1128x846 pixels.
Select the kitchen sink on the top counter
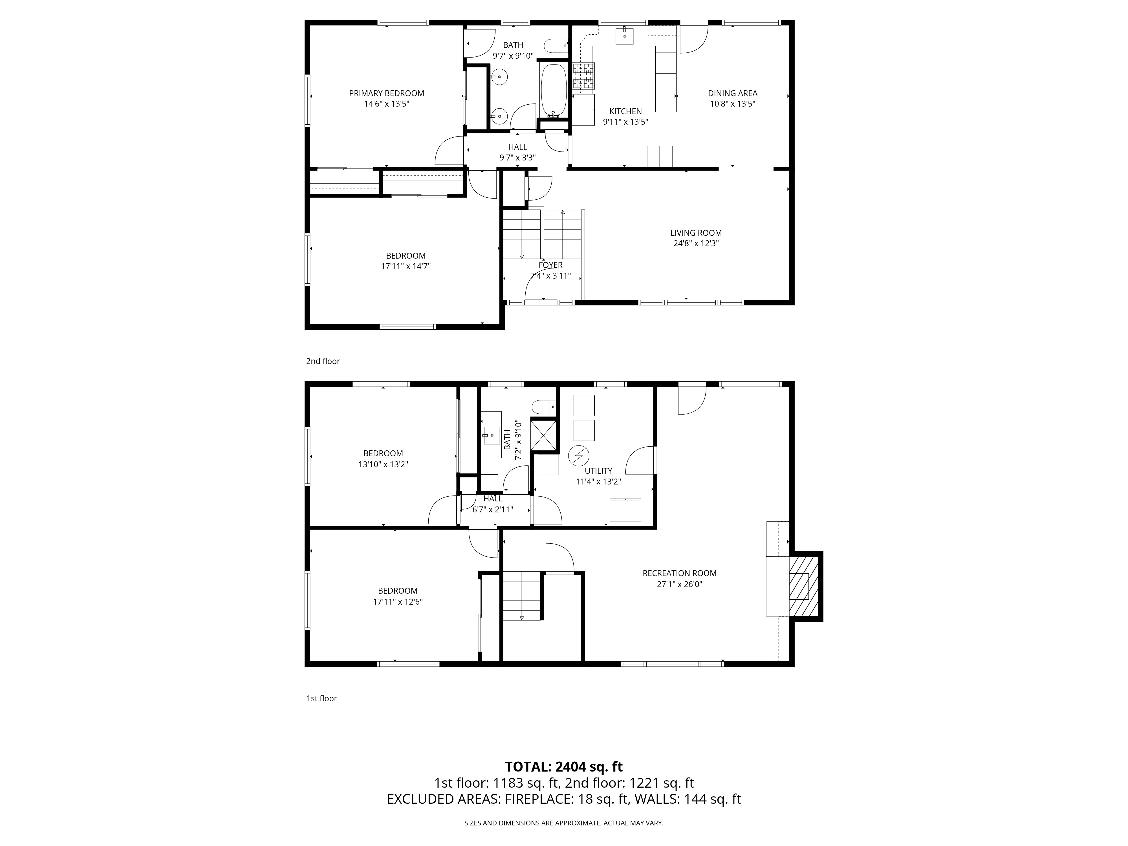point(624,36)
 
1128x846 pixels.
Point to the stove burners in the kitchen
point(583,76)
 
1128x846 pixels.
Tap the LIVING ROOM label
point(696,233)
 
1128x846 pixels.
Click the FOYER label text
point(550,265)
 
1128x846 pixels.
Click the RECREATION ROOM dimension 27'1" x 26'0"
point(679,584)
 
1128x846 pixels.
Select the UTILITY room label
point(598,471)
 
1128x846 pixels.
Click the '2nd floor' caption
point(323,361)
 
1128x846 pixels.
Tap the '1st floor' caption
point(321,699)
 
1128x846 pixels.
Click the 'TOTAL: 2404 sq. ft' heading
point(563,766)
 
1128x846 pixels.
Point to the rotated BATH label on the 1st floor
point(507,440)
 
